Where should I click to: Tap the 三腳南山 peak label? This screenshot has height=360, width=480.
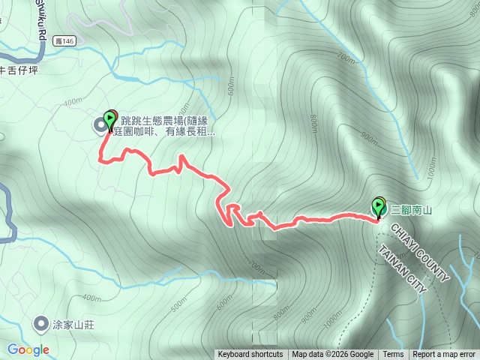coord(409,210)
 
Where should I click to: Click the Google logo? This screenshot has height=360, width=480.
coord(28,349)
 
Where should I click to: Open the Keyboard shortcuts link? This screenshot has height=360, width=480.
coord(250,355)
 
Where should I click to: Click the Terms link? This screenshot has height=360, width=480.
coord(393,355)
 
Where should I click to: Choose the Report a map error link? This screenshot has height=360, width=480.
coord(444,355)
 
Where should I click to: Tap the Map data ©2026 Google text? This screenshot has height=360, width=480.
coord(332,355)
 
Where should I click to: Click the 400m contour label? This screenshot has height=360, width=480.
coord(72,102)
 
